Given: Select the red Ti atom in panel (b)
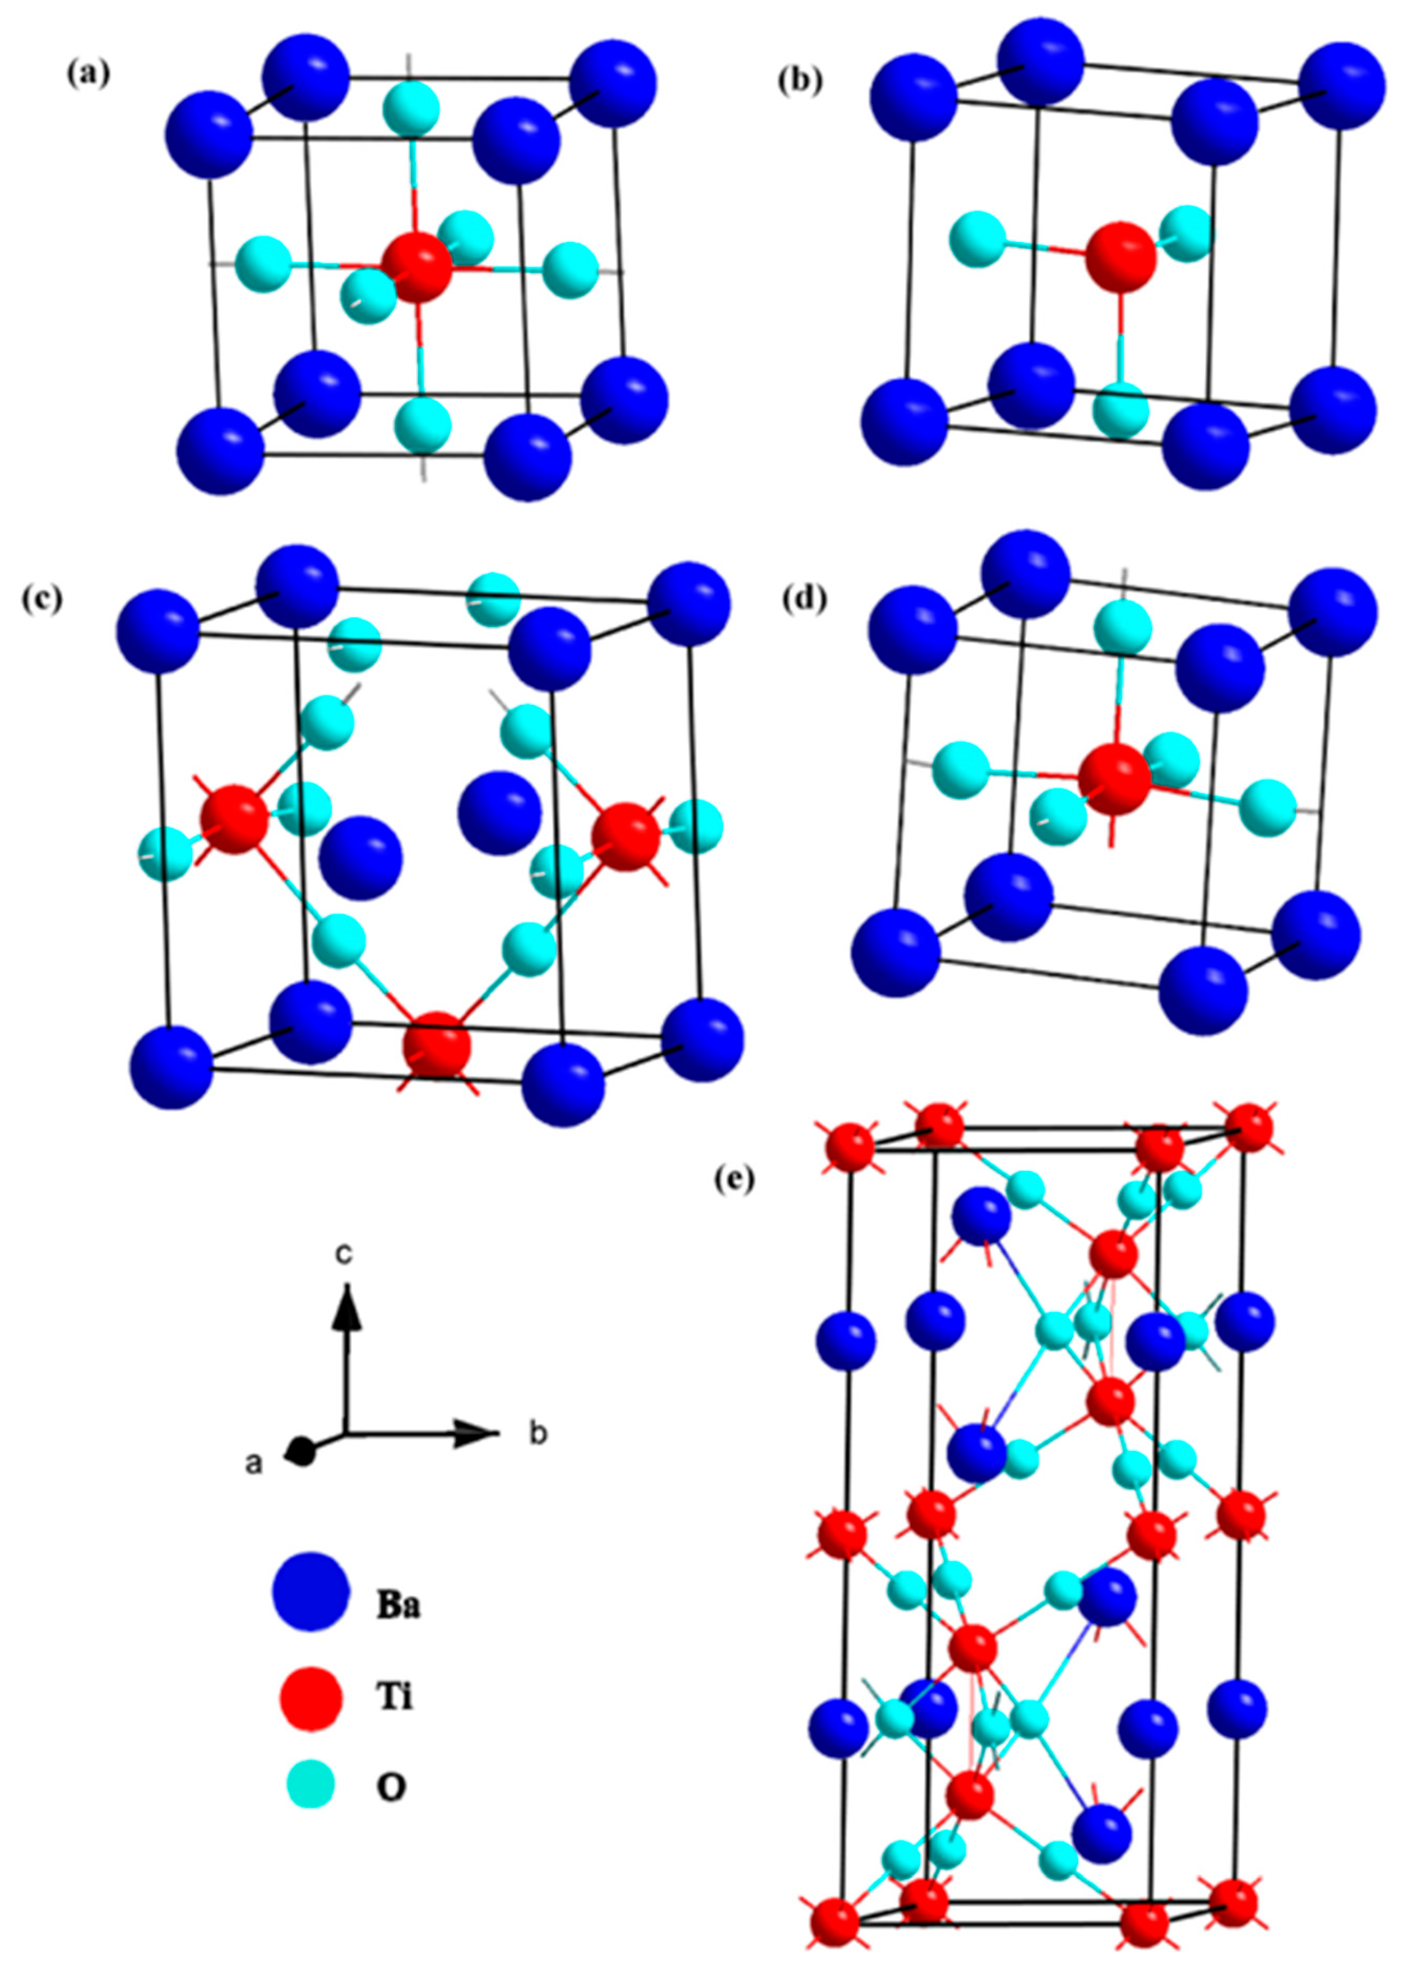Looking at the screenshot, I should tap(1120, 257).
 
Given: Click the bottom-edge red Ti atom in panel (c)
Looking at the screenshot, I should tap(437, 1045).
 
